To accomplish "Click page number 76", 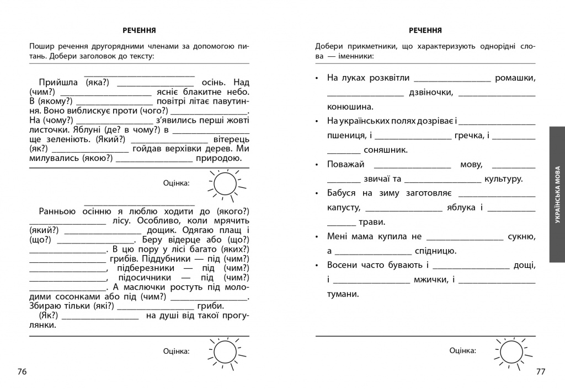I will [x=22, y=372].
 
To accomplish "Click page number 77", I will [x=541, y=372].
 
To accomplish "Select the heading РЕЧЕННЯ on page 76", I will [x=139, y=30].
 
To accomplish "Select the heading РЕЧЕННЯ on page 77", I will [x=425, y=30].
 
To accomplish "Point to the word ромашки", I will [x=515, y=78].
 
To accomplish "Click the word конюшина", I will [x=350, y=107].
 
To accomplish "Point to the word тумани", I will [x=343, y=294].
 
